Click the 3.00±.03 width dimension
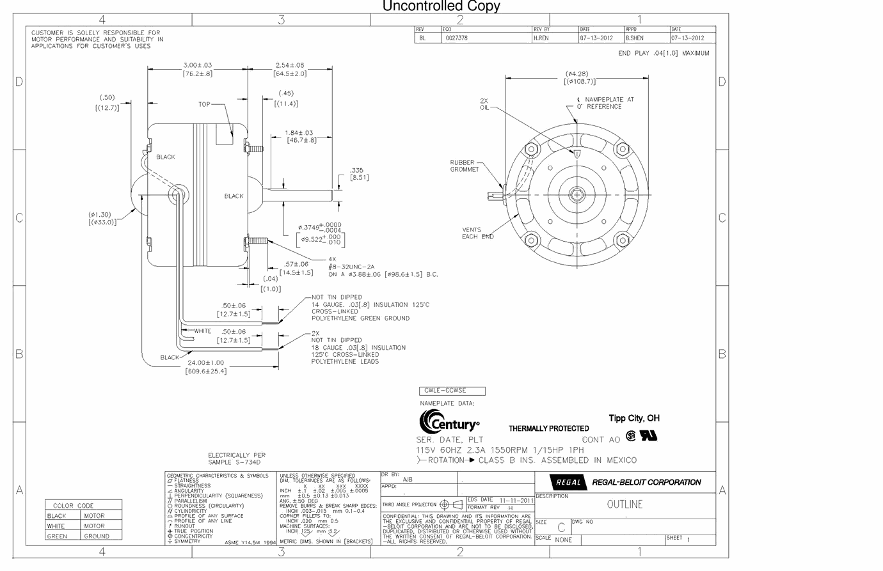197,65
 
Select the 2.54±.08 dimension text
290,65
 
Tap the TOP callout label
204,104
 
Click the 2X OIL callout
484,104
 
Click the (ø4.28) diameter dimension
577,74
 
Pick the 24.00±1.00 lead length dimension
205,363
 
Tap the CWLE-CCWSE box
452,391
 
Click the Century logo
450,423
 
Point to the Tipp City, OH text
633,418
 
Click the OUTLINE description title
624,505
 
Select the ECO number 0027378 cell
457,38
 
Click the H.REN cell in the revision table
541,38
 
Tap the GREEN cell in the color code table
57,536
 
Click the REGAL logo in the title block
567,483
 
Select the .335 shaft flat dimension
357,171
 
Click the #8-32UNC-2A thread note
351,267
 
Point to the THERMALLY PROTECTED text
548,428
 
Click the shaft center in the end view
577,194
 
